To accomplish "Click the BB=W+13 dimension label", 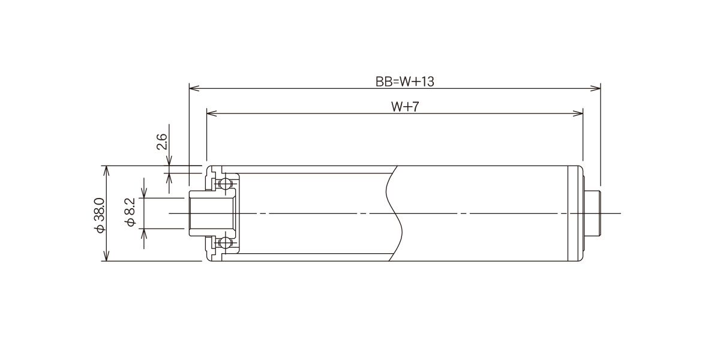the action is pyautogui.click(x=404, y=82).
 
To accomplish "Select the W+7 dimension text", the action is pyautogui.click(x=406, y=107).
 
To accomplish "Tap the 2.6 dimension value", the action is pyautogui.click(x=161, y=142).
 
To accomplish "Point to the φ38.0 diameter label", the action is pyautogui.click(x=100, y=215).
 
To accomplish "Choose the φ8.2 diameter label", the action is pyautogui.click(x=131, y=212).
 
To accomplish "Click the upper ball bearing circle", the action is pyautogui.click(x=226, y=184).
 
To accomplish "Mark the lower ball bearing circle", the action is pyautogui.click(x=226, y=242).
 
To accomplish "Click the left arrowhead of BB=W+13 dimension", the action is pyautogui.click(x=194, y=88).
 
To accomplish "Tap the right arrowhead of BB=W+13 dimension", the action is pyautogui.click(x=596, y=88).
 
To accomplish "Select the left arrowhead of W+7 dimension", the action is pyautogui.click(x=211, y=113).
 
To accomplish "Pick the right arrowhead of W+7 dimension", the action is pyautogui.click(x=578, y=113).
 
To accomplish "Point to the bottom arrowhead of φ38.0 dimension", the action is pyautogui.click(x=106, y=256).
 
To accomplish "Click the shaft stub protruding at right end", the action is pyautogui.click(x=592, y=214).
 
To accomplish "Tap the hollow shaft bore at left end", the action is pyautogui.click(x=212, y=214).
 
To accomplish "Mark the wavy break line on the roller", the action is pyautogui.click(x=394, y=214).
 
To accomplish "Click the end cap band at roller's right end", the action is pyautogui.click(x=575, y=214).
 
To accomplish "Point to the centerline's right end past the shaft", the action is pyautogui.click(x=620, y=213).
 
